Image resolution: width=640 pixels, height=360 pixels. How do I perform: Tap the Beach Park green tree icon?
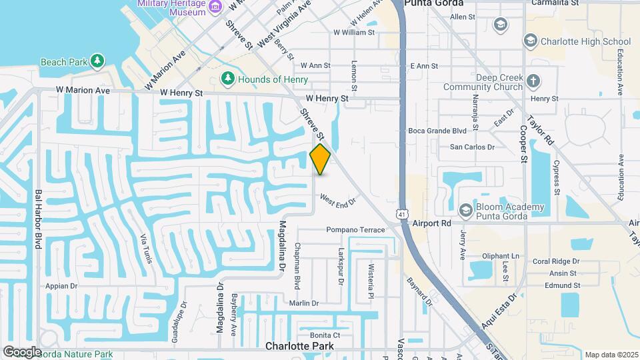coord(98,61)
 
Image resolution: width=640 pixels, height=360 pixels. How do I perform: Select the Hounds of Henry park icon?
coord(228,79)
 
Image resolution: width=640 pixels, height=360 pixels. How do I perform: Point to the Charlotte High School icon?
coord(530,41)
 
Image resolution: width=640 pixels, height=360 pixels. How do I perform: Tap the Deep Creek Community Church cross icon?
coord(533,81)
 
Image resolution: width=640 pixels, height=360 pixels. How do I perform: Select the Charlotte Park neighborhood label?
coord(299,346)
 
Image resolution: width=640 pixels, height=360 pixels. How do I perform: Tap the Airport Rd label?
coord(432,224)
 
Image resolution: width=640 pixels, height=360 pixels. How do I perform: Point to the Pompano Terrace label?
coord(355,230)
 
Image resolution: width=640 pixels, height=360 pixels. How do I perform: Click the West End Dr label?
coord(338,199)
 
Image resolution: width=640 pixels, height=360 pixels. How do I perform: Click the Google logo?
coord(22,352)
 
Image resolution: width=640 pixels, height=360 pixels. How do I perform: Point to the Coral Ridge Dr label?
coord(556,262)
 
